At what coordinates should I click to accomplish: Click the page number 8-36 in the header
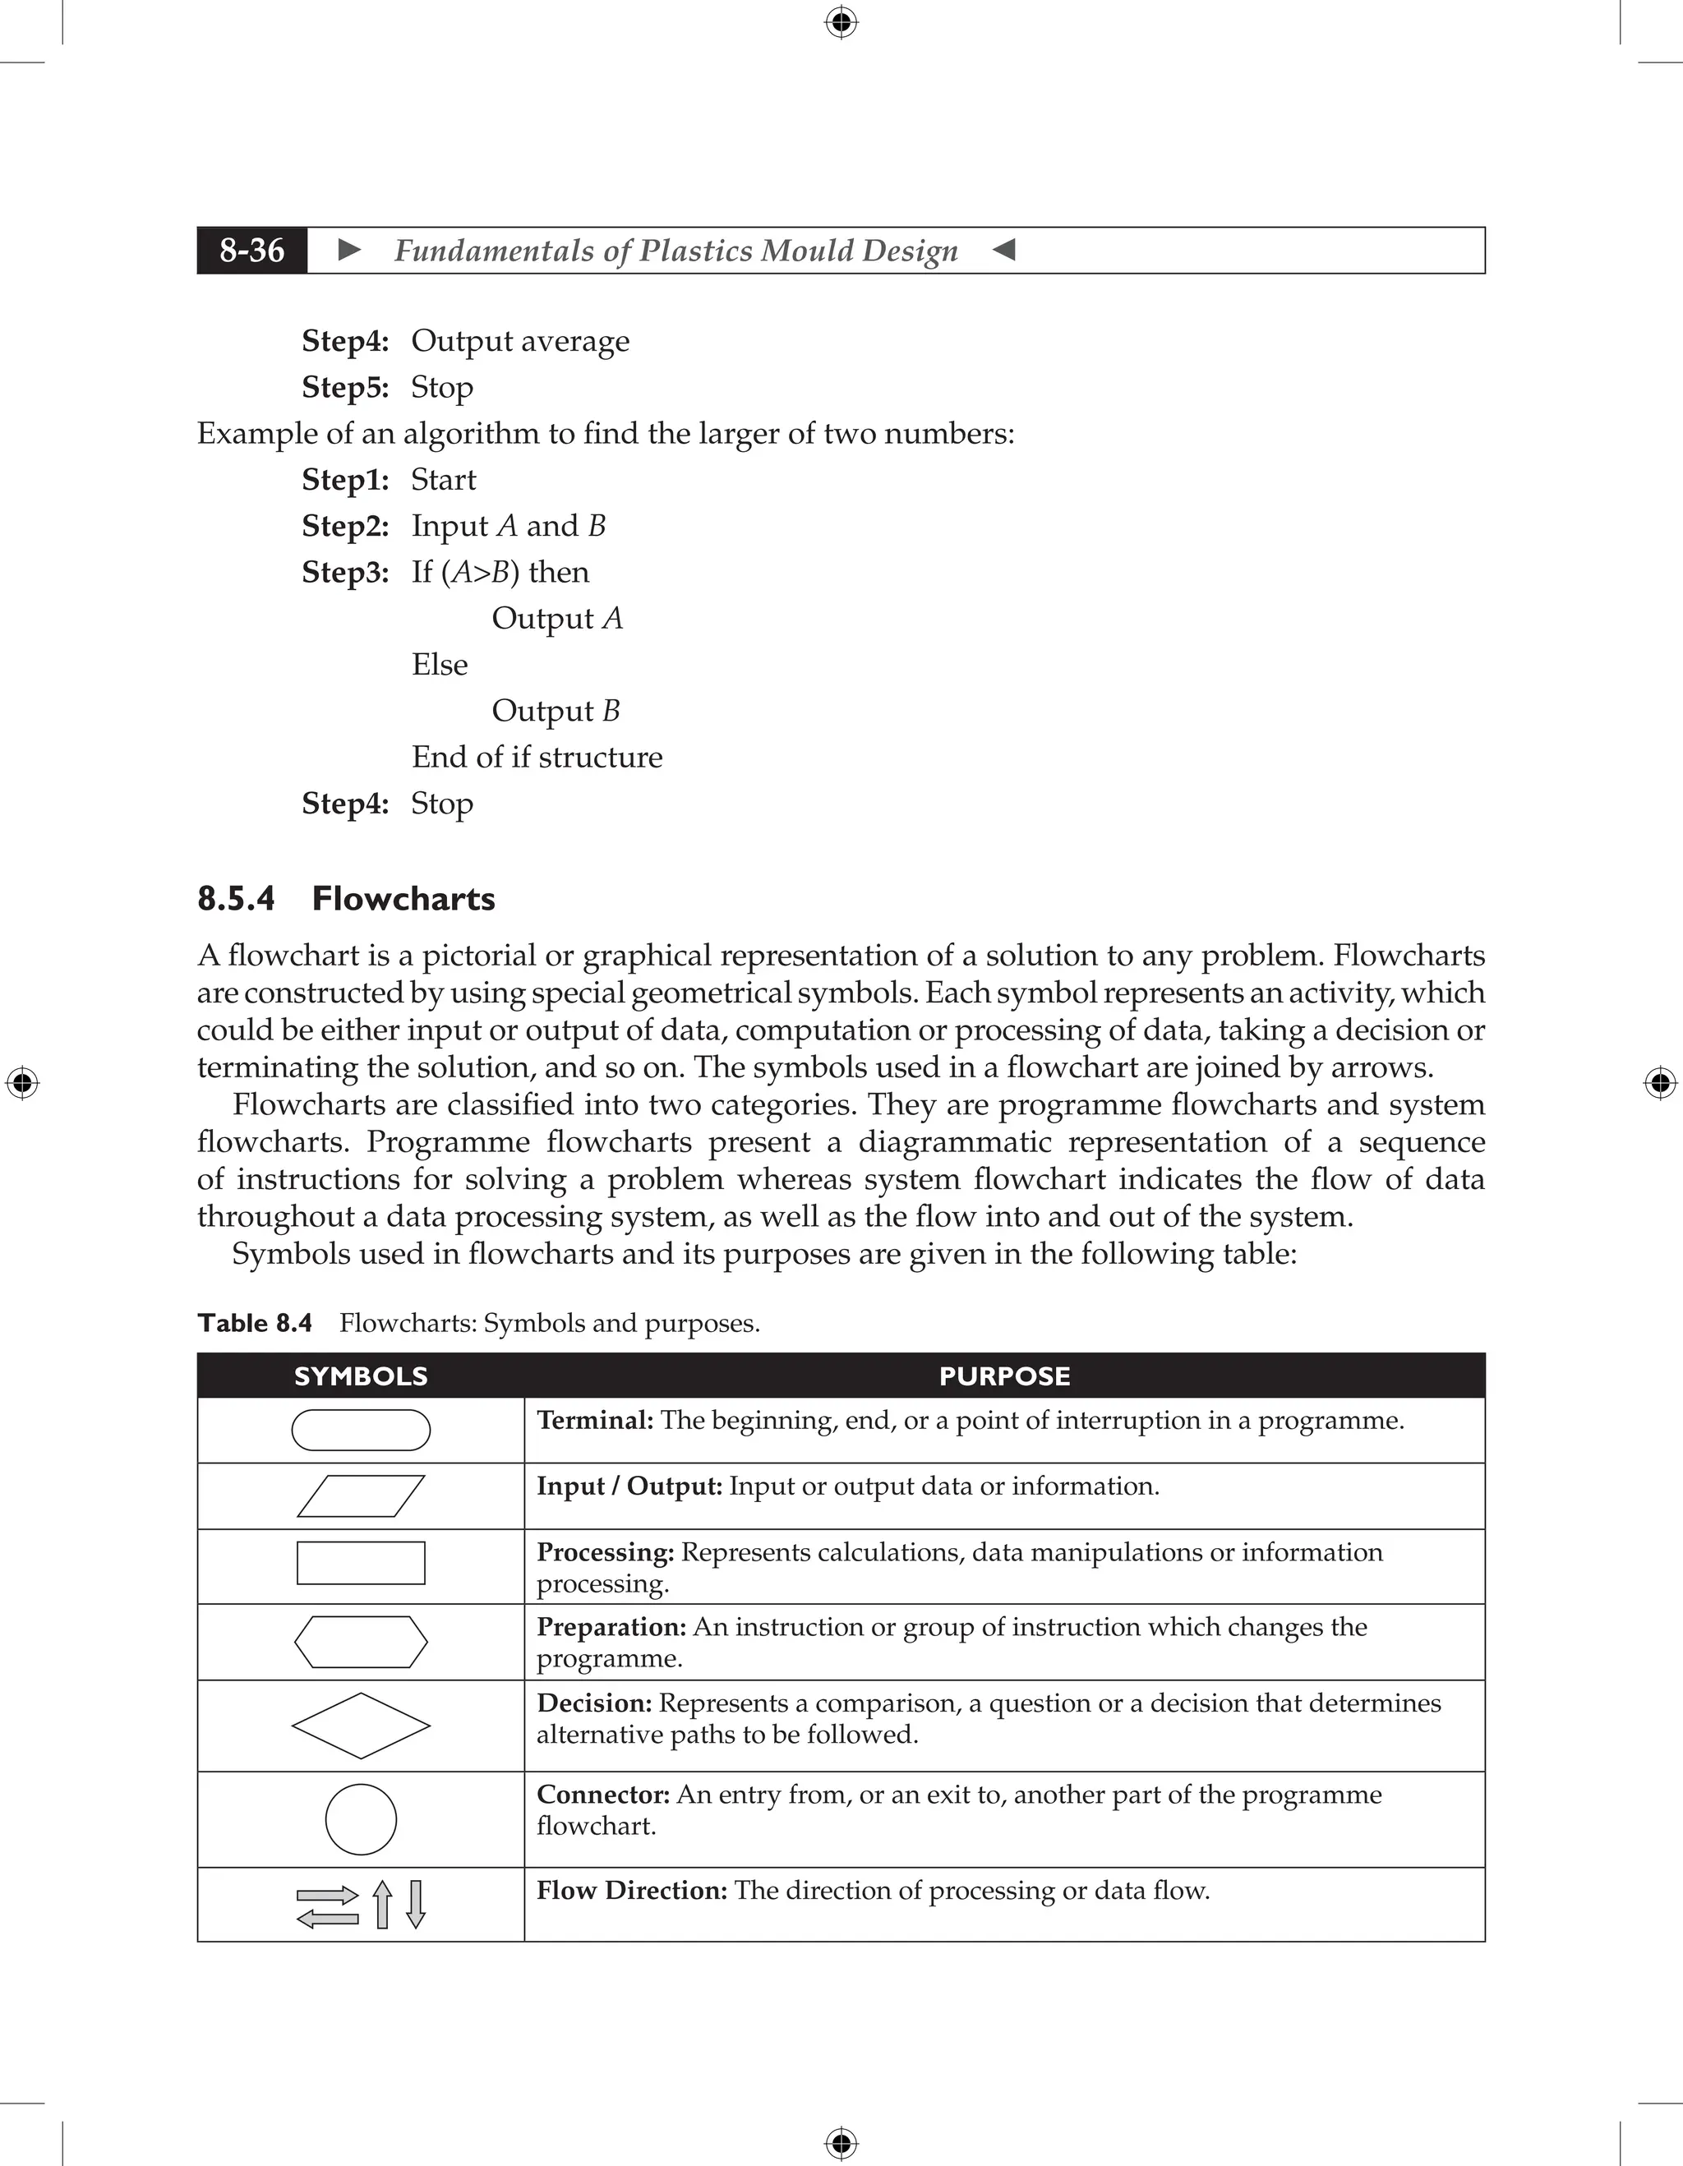click(252, 250)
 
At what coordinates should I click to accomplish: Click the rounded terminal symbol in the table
click(361, 1430)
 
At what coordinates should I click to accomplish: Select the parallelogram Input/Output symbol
click(361, 1495)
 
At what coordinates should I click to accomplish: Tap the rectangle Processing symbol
click(361, 1563)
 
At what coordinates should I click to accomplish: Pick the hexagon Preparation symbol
click(361, 1642)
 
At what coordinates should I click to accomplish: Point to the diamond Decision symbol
click(361, 1726)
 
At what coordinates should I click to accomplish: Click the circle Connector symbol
click(361, 1820)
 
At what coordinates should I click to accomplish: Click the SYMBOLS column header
click(361, 1376)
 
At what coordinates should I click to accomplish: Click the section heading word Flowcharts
click(403, 899)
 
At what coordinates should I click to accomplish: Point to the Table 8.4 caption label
click(255, 1323)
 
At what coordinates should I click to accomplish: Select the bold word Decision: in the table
click(594, 1703)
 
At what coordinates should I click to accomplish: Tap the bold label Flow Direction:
click(632, 1890)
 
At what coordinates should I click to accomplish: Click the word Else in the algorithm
click(440, 665)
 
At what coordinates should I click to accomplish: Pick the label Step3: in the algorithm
click(345, 572)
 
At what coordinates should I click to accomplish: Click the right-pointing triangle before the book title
click(349, 250)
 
